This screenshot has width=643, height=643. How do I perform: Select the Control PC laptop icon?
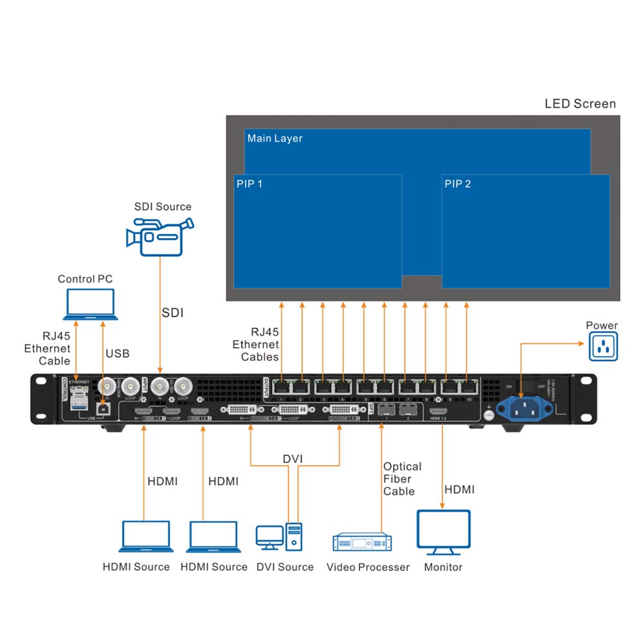tap(90, 304)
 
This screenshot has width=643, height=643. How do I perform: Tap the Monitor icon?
tap(444, 533)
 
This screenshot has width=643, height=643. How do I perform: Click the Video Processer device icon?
tap(362, 543)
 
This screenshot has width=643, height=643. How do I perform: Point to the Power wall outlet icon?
tap(602, 348)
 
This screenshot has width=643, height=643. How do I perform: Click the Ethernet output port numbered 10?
tap(471, 386)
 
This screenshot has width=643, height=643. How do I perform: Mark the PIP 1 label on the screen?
tap(249, 184)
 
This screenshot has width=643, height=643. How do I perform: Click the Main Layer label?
tap(275, 138)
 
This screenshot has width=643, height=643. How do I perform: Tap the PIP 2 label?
tap(458, 184)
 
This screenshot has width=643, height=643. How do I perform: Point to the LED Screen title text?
tap(580, 104)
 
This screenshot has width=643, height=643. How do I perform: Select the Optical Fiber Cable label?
tap(403, 479)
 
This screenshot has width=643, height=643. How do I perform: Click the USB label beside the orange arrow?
tap(117, 354)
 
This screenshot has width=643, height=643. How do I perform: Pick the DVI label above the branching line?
tap(293, 458)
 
